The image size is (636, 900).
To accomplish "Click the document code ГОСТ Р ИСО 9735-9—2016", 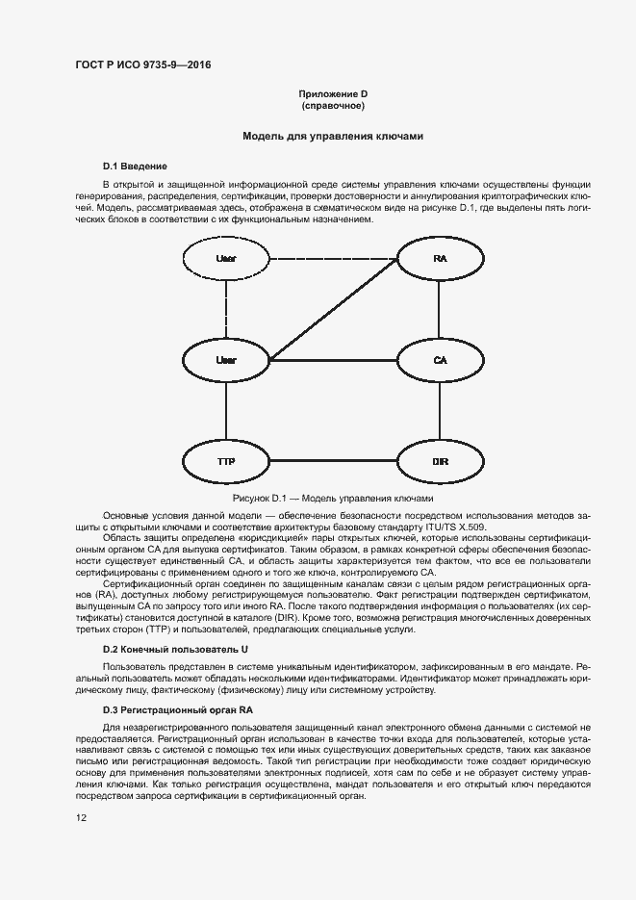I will click(x=141, y=64).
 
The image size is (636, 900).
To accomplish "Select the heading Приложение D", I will click(x=333, y=93).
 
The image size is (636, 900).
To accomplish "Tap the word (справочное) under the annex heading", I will click(x=333, y=105).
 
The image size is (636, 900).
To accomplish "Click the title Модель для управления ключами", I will click(x=333, y=137).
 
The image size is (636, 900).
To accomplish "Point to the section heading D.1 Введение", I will click(x=135, y=167).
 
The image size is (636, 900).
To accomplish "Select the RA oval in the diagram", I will click(x=440, y=259).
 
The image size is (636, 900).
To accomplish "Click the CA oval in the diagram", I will click(x=440, y=360).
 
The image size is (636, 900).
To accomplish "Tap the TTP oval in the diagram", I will click(x=226, y=462).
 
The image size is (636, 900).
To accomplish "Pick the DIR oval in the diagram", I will click(x=440, y=462).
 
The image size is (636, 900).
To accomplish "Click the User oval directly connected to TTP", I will click(x=226, y=360).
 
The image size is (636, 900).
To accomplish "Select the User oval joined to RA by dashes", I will click(x=226, y=259).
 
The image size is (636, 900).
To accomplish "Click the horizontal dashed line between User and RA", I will click(x=333, y=259).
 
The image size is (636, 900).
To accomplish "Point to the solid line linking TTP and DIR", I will click(x=333, y=462).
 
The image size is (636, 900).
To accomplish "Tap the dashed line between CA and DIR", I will click(x=440, y=411).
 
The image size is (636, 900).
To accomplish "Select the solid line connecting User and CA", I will click(x=333, y=360).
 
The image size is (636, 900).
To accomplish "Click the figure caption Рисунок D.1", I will click(x=333, y=499).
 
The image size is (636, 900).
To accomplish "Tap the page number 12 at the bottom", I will click(x=83, y=817).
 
